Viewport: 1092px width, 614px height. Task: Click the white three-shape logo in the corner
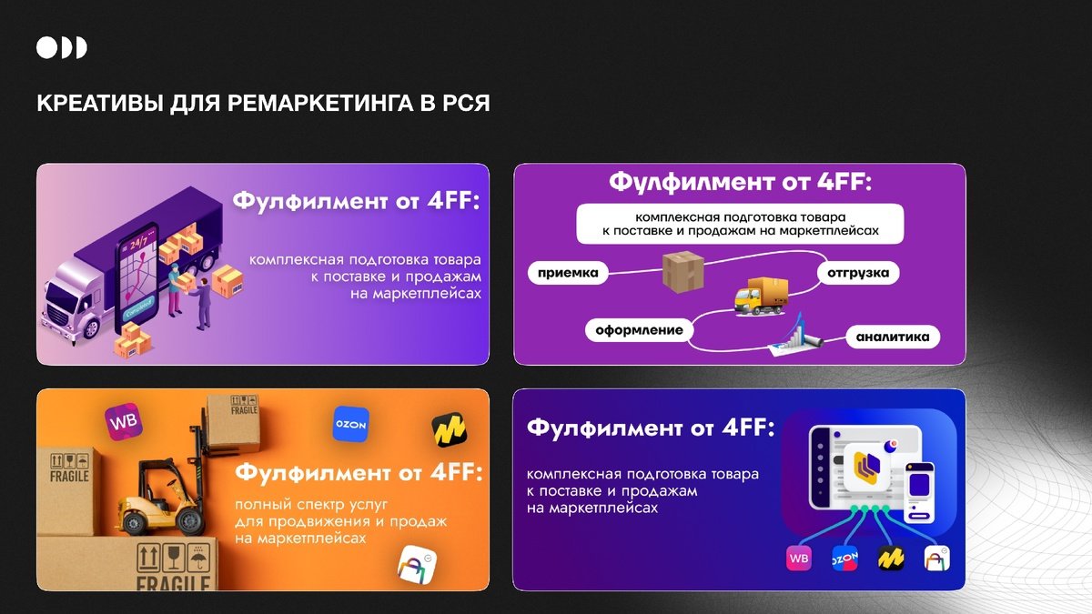pyautogui.click(x=62, y=47)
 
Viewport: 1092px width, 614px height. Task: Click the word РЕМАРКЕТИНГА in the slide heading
pyautogui.click(x=319, y=104)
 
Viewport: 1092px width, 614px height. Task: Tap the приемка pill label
pyautogui.click(x=568, y=273)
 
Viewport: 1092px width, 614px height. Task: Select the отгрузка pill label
pyautogui.click(x=858, y=273)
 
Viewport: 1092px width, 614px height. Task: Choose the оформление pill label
pyautogui.click(x=639, y=330)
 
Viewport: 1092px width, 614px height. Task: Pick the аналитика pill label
pyautogui.click(x=893, y=337)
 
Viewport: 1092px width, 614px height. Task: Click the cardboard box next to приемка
pyautogui.click(x=683, y=271)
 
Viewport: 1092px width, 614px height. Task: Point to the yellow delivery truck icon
pyautogui.click(x=761, y=297)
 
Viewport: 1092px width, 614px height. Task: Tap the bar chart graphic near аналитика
pyautogui.click(x=794, y=337)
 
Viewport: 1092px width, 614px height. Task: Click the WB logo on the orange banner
pyautogui.click(x=124, y=421)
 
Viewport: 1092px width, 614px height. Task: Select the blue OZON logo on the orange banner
pyautogui.click(x=351, y=425)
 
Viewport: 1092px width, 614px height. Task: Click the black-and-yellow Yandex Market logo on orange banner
pyautogui.click(x=449, y=429)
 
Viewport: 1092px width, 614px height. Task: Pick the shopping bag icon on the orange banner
pyautogui.click(x=418, y=565)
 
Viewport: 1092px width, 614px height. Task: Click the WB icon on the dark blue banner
pyautogui.click(x=799, y=559)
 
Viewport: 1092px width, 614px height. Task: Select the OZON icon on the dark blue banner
pyautogui.click(x=844, y=559)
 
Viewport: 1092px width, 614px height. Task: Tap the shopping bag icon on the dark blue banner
pyautogui.click(x=937, y=559)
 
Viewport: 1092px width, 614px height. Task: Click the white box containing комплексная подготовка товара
pyautogui.click(x=740, y=224)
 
